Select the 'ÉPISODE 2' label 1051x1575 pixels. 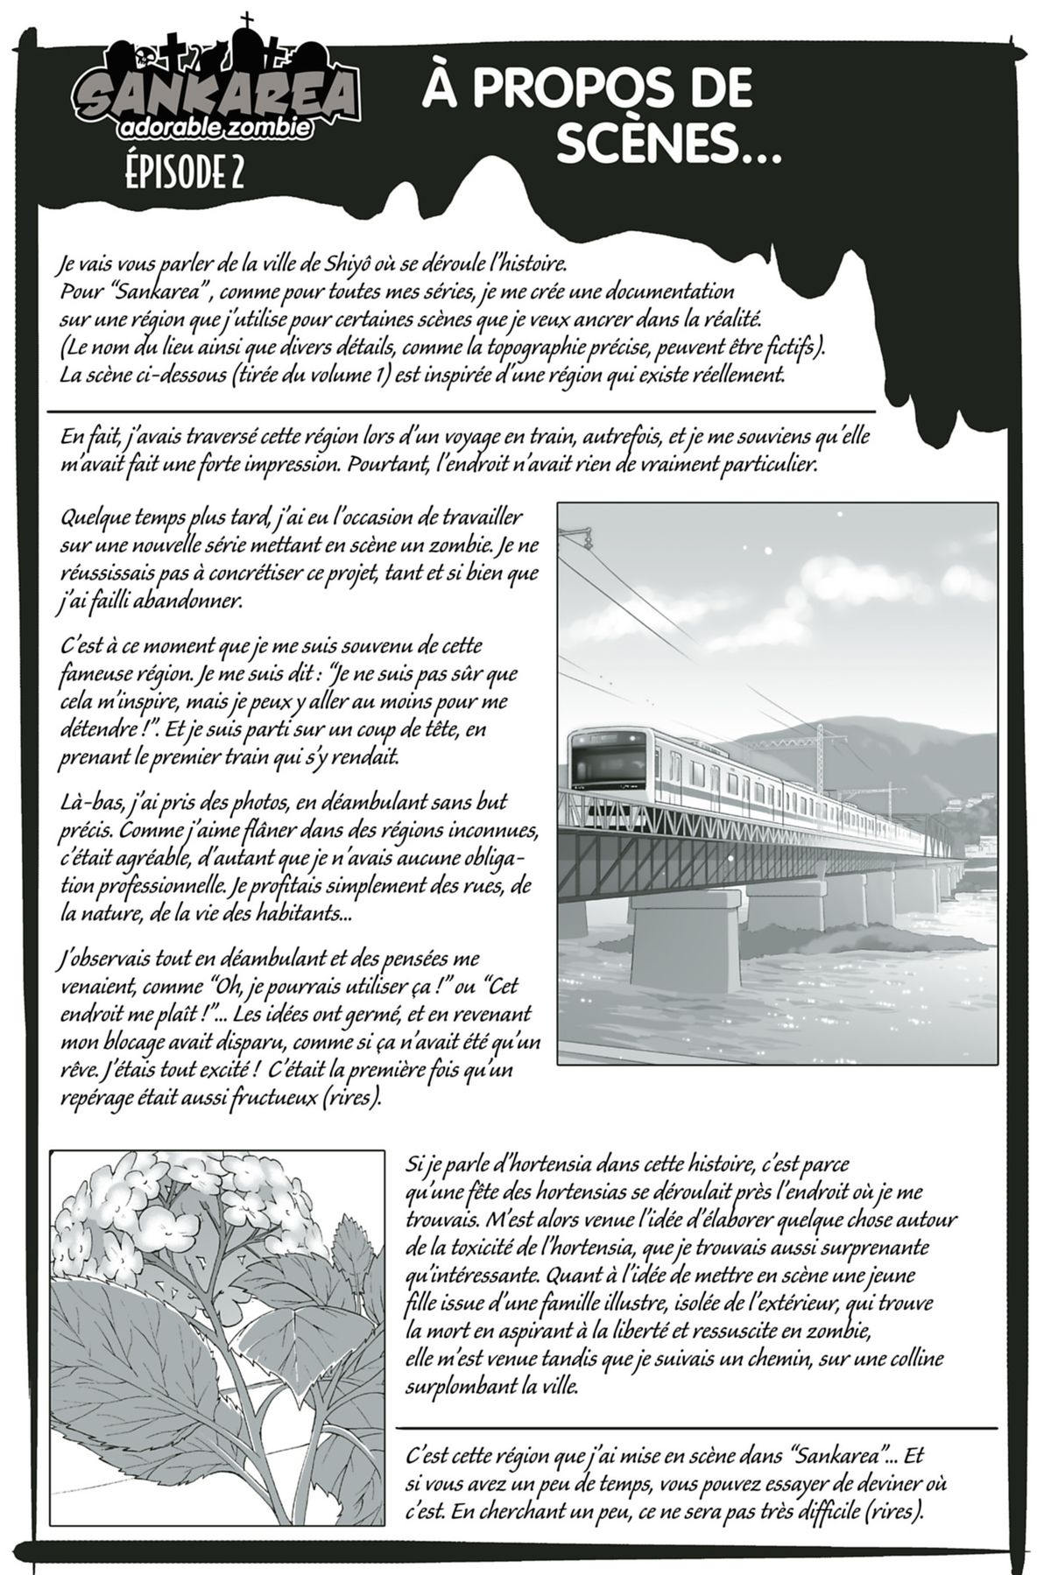(x=183, y=173)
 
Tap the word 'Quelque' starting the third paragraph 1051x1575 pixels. (x=98, y=517)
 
